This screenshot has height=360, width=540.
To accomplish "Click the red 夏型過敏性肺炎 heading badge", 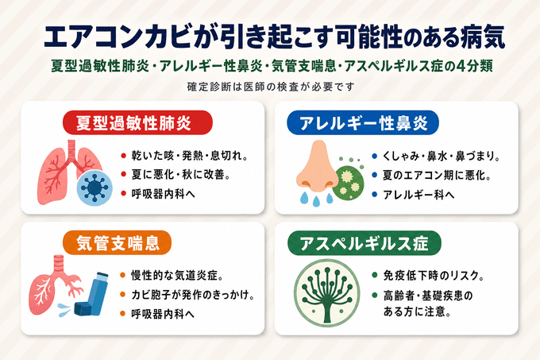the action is coord(137,122).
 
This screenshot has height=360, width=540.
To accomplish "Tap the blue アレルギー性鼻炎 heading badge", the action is coord(363,122).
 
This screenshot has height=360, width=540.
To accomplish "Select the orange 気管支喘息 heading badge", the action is coord(117,242).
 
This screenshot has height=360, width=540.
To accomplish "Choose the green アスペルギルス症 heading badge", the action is coord(364,243).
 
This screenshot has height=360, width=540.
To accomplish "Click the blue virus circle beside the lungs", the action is coord(94,188).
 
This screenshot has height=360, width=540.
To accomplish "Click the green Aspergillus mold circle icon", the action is coord(327,293).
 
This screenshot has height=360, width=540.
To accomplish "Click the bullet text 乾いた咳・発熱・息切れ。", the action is coord(190,156).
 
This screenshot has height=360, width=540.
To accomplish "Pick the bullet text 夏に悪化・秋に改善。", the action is coord(181,175).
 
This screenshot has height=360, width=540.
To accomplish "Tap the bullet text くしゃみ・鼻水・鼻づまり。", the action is coord(442,157).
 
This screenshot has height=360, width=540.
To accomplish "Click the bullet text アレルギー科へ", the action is coord(418,195).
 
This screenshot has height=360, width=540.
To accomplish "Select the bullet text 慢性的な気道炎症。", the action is coord(178,275).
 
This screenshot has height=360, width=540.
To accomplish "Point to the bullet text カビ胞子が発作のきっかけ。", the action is coord(193,295).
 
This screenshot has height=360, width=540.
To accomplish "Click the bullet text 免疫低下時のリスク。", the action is coord(434,276).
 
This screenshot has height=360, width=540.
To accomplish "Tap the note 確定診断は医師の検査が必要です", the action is coord(270,87).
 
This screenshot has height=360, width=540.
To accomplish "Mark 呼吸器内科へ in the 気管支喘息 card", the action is coord(163,314).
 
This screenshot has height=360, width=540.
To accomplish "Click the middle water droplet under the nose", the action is coord(316,200).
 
